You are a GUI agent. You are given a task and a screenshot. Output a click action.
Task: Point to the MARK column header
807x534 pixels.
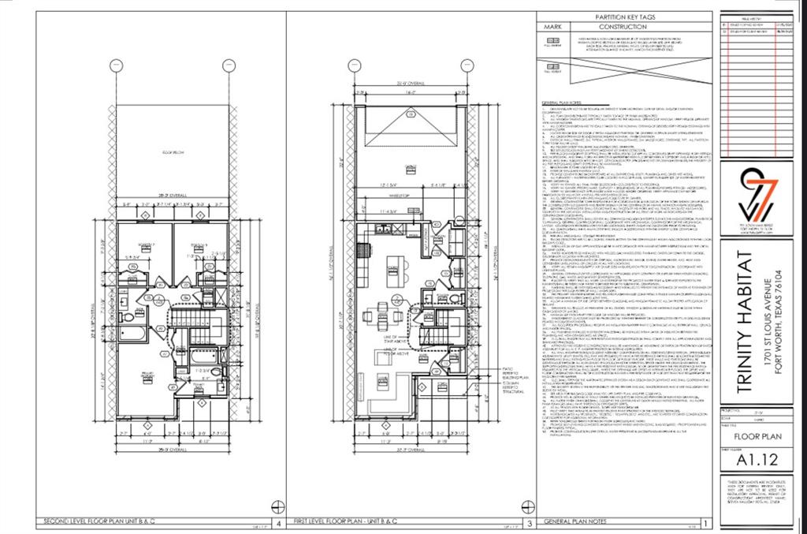tap(555, 26)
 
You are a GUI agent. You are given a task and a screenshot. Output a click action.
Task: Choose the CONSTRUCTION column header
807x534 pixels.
tap(627, 26)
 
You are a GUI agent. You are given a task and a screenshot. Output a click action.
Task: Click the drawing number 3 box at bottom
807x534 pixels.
tap(530, 523)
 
